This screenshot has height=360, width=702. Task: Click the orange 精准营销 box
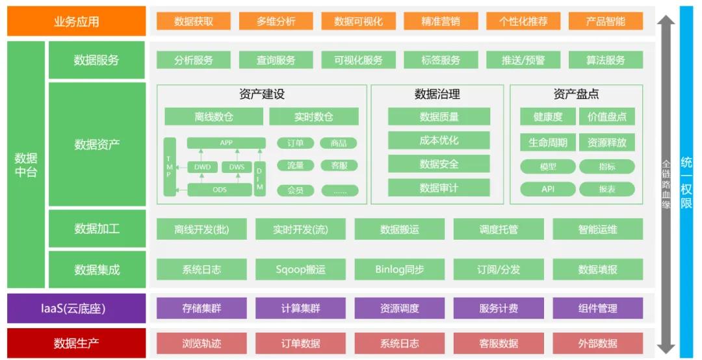440,21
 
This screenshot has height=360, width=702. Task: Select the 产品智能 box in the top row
605,21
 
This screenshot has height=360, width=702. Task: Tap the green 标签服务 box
440,60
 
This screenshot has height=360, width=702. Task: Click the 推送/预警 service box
523,60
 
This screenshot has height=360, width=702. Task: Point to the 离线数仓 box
213,117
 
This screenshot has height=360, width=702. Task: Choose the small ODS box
220,190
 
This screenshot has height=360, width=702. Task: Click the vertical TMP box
170,166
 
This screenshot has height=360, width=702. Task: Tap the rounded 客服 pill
339,166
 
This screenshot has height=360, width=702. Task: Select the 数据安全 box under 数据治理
439,164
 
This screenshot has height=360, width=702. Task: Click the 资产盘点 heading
576,94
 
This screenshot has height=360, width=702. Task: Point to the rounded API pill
547,189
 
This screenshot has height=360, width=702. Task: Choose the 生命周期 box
547,142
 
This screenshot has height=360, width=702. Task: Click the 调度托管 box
499,229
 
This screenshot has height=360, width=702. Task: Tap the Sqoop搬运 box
300,269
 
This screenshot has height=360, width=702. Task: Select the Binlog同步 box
400,269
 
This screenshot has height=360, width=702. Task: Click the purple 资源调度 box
400,308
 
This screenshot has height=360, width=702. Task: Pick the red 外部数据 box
597,343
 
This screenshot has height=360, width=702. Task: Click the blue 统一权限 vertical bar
686,181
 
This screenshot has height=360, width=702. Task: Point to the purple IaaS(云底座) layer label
76,308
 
